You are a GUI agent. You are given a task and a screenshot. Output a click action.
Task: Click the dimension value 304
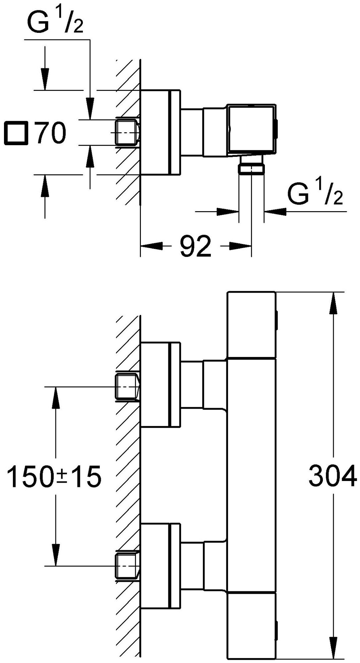pyautogui.click(x=332, y=476)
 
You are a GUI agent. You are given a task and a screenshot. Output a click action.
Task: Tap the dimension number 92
pyautogui.click(x=196, y=246)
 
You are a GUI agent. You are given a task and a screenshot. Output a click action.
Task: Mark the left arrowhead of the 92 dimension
pyautogui.click(x=151, y=246)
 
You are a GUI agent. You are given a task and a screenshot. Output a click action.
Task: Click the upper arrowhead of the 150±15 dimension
pyautogui.click(x=56, y=396)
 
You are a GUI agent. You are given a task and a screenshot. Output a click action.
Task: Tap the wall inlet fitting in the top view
pyautogui.click(x=126, y=132)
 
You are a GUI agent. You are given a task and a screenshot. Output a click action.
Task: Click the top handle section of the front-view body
pyautogui.click(x=251, y=325)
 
